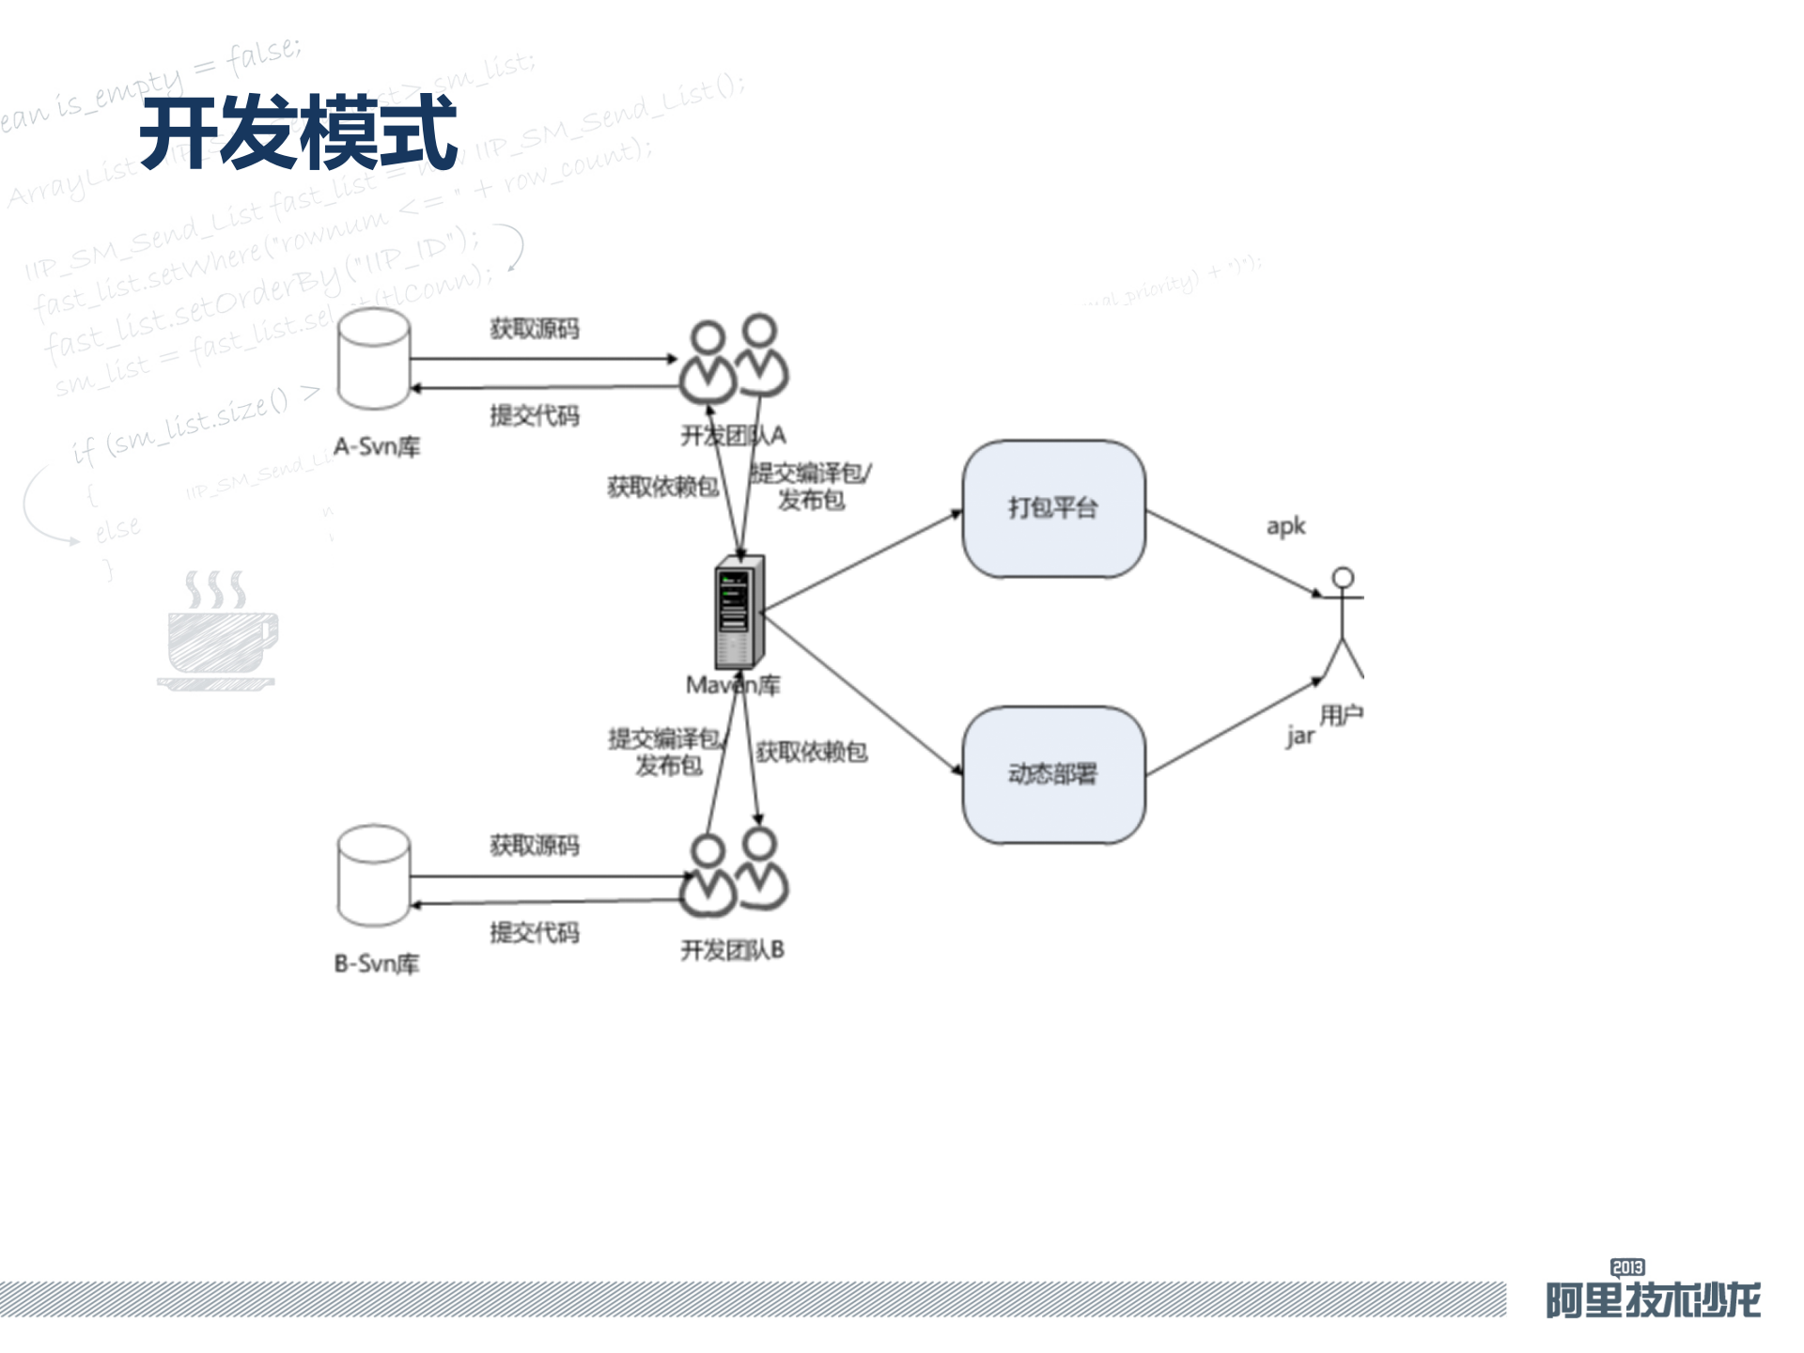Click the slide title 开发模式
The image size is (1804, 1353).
tap(299, 133)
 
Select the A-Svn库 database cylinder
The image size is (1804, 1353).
tap(374, 360)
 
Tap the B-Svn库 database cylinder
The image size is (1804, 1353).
tap(374, 876)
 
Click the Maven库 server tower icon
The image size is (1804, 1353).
tap(739, 612)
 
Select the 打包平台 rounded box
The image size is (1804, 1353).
tap(1053, 508)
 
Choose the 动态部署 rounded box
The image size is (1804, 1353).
tap(1053, 774)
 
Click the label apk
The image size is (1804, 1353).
tap(1285, 526)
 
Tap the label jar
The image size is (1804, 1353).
tap(1300, 736)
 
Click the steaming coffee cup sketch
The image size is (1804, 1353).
tap(219, 631)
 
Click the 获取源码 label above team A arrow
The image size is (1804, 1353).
tap(534, 328)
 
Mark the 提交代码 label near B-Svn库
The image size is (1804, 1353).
tap(534, 932)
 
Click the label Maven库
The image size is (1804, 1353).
tap(733, 685)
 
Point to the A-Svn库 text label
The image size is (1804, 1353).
tap(377, 446)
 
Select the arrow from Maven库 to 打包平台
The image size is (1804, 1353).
tap(863, 561)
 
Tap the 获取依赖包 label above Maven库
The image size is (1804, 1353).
tap(662, 486)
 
